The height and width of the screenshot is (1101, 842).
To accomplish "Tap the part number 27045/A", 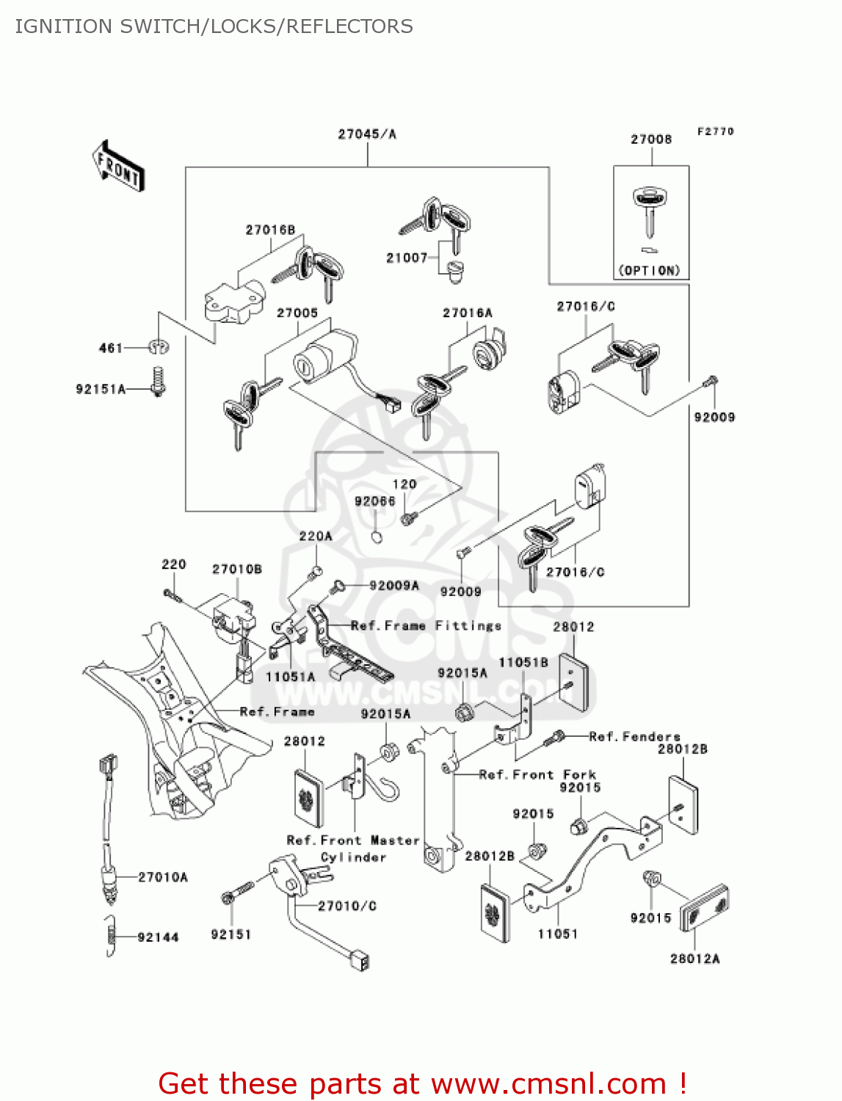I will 366,134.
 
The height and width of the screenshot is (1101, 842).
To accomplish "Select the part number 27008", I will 651,139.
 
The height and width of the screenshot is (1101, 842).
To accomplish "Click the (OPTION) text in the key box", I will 650,270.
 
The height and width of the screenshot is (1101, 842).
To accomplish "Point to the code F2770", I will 715,131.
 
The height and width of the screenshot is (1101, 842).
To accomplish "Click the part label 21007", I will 407,258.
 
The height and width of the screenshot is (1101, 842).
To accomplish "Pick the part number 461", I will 111,348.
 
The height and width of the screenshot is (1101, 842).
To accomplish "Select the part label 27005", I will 297,313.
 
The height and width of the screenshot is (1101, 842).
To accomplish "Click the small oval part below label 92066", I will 377,537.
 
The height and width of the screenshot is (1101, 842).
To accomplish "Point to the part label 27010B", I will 237,570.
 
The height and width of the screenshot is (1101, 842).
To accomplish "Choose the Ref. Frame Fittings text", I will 426,626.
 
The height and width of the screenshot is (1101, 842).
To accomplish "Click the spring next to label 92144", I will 110,937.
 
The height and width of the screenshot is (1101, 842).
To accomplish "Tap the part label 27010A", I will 163,877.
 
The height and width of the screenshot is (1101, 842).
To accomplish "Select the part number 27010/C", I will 347,906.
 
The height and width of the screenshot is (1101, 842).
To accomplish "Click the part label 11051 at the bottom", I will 558,934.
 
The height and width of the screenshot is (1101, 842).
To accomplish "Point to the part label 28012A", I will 695,959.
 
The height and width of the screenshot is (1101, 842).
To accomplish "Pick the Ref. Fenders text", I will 635,736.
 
